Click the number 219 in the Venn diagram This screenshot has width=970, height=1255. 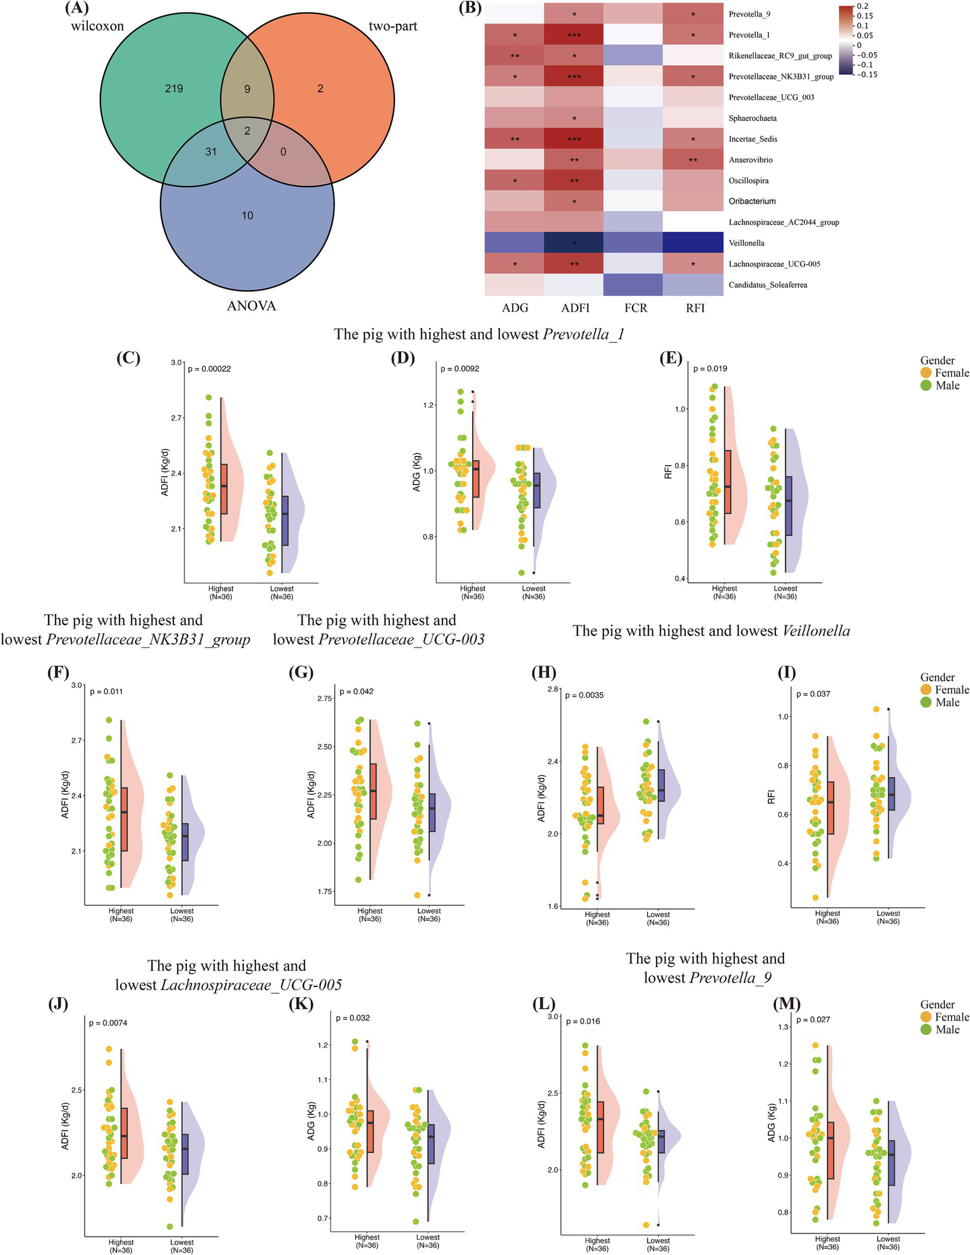click(x=174, y=89)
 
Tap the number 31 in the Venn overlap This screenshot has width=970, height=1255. click(x=210, y=152)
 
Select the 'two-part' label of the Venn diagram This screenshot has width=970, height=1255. click(x=392, y=27)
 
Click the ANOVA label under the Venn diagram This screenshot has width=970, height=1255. click(x=252, y=306)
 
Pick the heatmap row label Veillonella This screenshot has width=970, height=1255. click(x=746, y=243)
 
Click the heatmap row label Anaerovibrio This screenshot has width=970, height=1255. click(x=750, y=160)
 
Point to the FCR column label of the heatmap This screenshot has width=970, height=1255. click(x=636, y=308)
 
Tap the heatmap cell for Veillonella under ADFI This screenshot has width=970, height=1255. click(x=574, y=243)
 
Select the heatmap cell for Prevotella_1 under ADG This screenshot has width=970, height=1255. click(x=514, y=35)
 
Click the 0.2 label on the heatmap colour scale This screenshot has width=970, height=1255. click(x=863, y=6)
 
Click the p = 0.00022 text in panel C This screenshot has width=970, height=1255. click(x=209, y=369)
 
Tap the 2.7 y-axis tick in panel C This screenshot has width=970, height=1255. click(x=176, y=418)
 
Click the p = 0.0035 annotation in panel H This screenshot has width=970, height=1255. click(x=585, y=695)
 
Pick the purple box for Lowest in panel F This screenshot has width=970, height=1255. click(x=185, y=842)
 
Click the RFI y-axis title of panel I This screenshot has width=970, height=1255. click(x=771, y=797)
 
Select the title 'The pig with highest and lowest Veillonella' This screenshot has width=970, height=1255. click(x=711, y=630)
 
